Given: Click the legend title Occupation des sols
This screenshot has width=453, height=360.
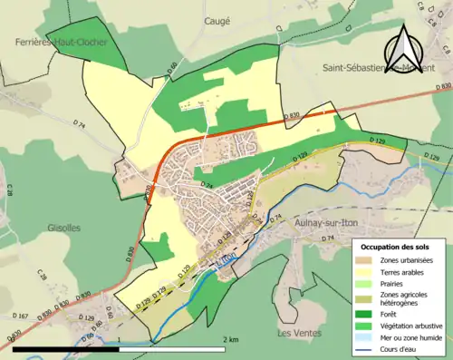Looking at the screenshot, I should [x=396, y=247].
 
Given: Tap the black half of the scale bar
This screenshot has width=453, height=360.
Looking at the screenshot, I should [x=64, y=348].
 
